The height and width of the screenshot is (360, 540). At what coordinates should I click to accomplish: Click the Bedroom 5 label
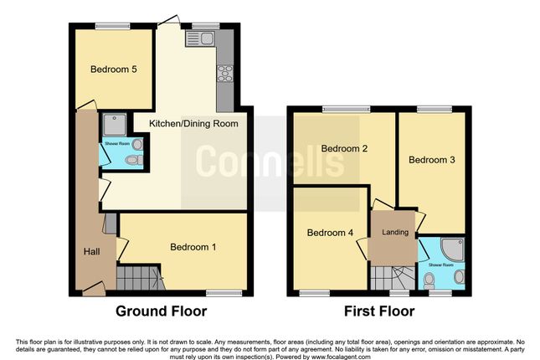[x=113, y=69]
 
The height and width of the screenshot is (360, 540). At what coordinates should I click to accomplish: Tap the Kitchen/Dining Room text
[x=193, y=124]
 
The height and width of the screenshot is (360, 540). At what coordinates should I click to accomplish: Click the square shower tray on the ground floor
[x=114, y=125]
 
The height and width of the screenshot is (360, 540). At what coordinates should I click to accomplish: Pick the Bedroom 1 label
[x=193, y=247]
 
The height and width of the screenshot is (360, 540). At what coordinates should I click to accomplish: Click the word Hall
[x=92, y=251]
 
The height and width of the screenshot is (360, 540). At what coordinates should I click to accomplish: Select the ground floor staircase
[x=136, y=275]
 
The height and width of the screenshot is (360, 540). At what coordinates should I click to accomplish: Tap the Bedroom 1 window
[x=220, y=292]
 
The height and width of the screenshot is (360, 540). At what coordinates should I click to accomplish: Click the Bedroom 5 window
[x=106, y=26]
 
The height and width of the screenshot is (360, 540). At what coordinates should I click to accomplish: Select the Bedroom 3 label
[x=431, y=158]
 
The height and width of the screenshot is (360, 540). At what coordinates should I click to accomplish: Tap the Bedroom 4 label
[x=329, y=233]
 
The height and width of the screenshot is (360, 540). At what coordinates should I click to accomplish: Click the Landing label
[x=394, y=232]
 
